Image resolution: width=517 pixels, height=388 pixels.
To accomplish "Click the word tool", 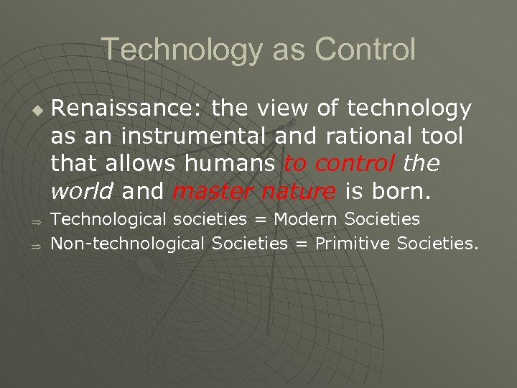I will (x=442, y=137).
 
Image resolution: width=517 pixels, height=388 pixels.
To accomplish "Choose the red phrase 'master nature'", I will (x=254, y=192).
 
